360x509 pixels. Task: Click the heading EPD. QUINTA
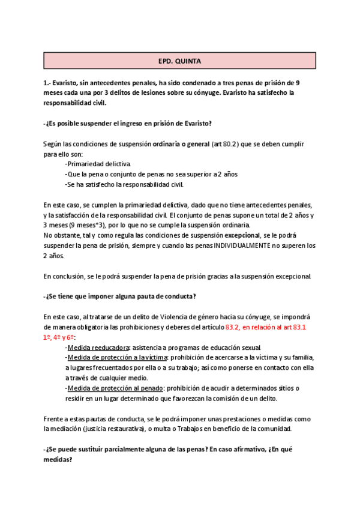[180, 61]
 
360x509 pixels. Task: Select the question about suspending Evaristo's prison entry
[127, 123]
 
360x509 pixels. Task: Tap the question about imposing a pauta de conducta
[120, 297]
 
